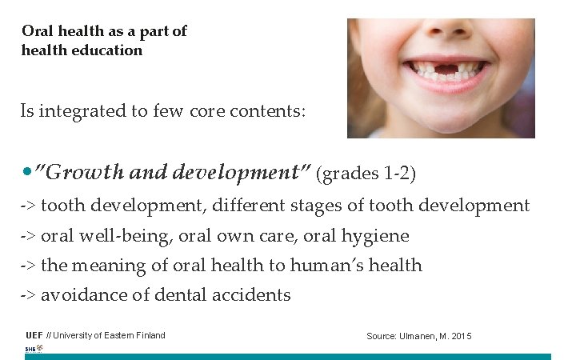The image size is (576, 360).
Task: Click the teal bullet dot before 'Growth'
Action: [28, 172]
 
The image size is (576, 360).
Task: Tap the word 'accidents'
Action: [250, 295]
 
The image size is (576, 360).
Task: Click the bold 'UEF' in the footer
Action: [34, 335]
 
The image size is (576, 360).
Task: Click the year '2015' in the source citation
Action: [462, 336]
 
